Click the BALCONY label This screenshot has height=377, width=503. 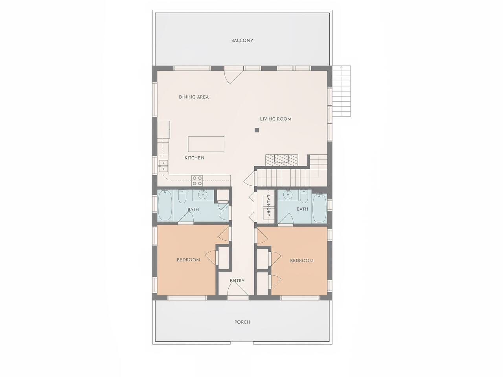(x=242, y=40)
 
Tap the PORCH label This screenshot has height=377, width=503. (x=242, y=322)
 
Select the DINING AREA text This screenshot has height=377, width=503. (x=194, y=97)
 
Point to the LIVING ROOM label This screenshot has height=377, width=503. (x=275, y=119)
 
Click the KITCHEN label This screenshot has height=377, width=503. (x=195, y=158)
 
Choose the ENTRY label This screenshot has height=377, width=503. (x=237, y=281)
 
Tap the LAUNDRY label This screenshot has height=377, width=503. (x=269, y=205)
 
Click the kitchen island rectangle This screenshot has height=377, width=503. (x=206, y=144)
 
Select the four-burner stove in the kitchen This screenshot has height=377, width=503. (x=197, y=181)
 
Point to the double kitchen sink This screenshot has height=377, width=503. (x=163, y=166)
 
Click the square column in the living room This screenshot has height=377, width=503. (x=257, y=130)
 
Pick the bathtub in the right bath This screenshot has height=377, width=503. (x=319, y=208)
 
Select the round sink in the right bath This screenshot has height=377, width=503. (x=287, y=195)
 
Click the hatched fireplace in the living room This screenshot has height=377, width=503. (x=282, y=160)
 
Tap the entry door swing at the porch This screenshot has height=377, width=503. (x=238, y=288)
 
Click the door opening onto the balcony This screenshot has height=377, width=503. (x=233, y=75)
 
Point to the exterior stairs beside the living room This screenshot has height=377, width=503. (x=341, y=91)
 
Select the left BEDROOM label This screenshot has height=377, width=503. (x=188, y=260)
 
